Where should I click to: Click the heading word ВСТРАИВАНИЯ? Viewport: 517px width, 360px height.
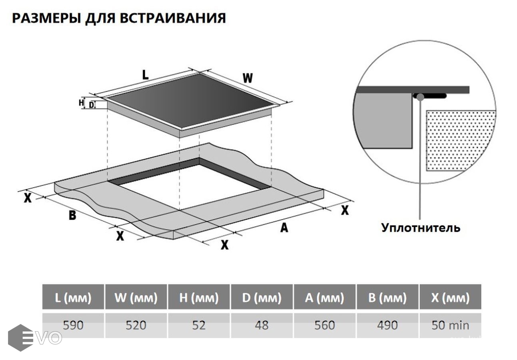point(176,18)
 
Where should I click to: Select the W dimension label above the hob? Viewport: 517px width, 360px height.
point(248,78)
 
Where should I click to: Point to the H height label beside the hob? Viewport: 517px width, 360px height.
point(81,103)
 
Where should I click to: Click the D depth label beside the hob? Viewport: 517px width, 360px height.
point(92,105)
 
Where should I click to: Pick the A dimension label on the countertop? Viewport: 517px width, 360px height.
point(284,227)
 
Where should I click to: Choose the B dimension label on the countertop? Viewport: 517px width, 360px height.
point(72,215)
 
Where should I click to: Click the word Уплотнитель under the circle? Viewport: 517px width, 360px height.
point(421,228)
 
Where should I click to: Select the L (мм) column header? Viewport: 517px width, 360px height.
point(73,298)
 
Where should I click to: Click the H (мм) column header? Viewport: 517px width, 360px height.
point(199,298)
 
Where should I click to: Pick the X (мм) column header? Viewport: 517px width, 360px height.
point(450,298)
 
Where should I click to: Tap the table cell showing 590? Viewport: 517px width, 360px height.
point(73,325)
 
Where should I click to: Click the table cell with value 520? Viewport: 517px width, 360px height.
point(136,325)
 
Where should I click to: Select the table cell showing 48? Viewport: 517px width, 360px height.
point(261,325)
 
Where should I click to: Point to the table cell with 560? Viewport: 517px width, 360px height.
point(324,325)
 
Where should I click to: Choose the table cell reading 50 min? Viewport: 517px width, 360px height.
point(450,325)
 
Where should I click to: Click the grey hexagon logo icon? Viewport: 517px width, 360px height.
point(20,338)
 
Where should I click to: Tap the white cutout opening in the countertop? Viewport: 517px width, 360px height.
point(188,188)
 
